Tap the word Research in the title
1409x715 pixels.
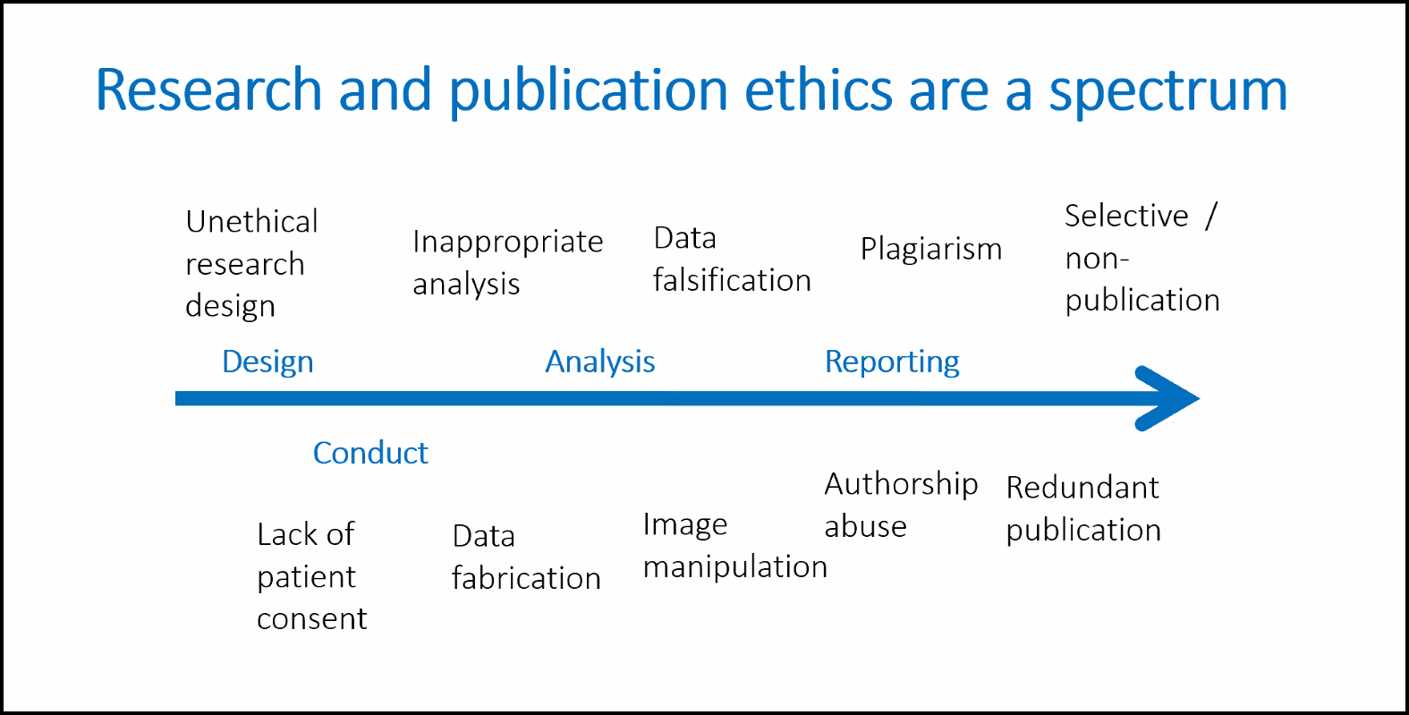point(208,89)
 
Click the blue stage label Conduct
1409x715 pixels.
point(370,453)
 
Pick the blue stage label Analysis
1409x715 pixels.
point(600,362)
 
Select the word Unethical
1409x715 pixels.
point(251,222)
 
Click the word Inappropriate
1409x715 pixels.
point(507,243)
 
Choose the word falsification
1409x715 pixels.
point(732,280)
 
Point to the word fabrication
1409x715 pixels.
point(526,578)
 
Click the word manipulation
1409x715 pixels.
point(735,567)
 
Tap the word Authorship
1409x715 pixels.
point(901,485)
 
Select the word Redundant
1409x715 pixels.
point(1082,488)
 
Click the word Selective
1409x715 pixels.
point(1126,216)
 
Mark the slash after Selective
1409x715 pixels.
point(1211,217)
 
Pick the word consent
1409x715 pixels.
point(312,619)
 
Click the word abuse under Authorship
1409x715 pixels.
point(866,526)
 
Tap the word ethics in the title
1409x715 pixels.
point(819,89)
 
